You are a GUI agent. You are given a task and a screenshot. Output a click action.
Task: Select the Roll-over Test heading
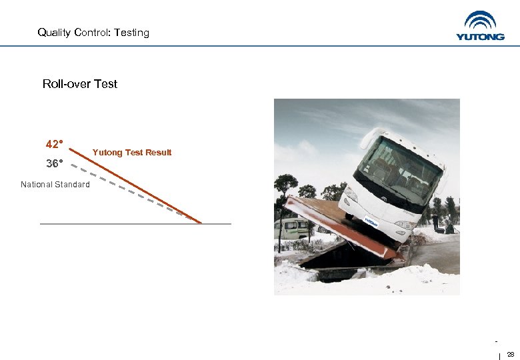click(79, 84)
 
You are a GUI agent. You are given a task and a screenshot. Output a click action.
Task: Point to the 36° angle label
click(54, 163)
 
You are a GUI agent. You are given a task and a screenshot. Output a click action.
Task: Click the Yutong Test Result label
click(132, 153)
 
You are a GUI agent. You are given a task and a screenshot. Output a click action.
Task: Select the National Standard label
click(55, 185)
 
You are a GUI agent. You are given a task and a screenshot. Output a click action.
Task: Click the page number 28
click(511, 353)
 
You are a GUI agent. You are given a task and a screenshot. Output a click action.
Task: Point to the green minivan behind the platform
click(291, 228)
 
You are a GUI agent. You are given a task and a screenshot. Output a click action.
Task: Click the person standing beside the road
click(435, 222)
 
